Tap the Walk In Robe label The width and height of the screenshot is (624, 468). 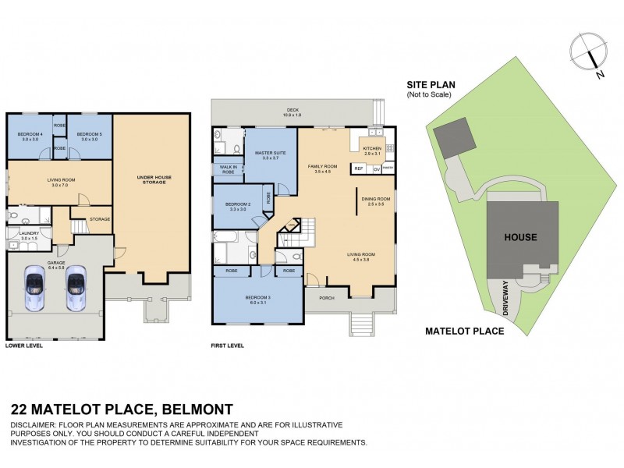pyautogui.click(x=229, y=169)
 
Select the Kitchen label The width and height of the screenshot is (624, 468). pyautogui.click(x=372, y=149)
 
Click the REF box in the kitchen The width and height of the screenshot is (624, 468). pyautogui.click(x=360, y=168)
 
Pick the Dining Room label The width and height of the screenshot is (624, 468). pyautogui.click(x=376, y=200)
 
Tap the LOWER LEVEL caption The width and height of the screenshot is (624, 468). pyautogui.click(x=24, y=345)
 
